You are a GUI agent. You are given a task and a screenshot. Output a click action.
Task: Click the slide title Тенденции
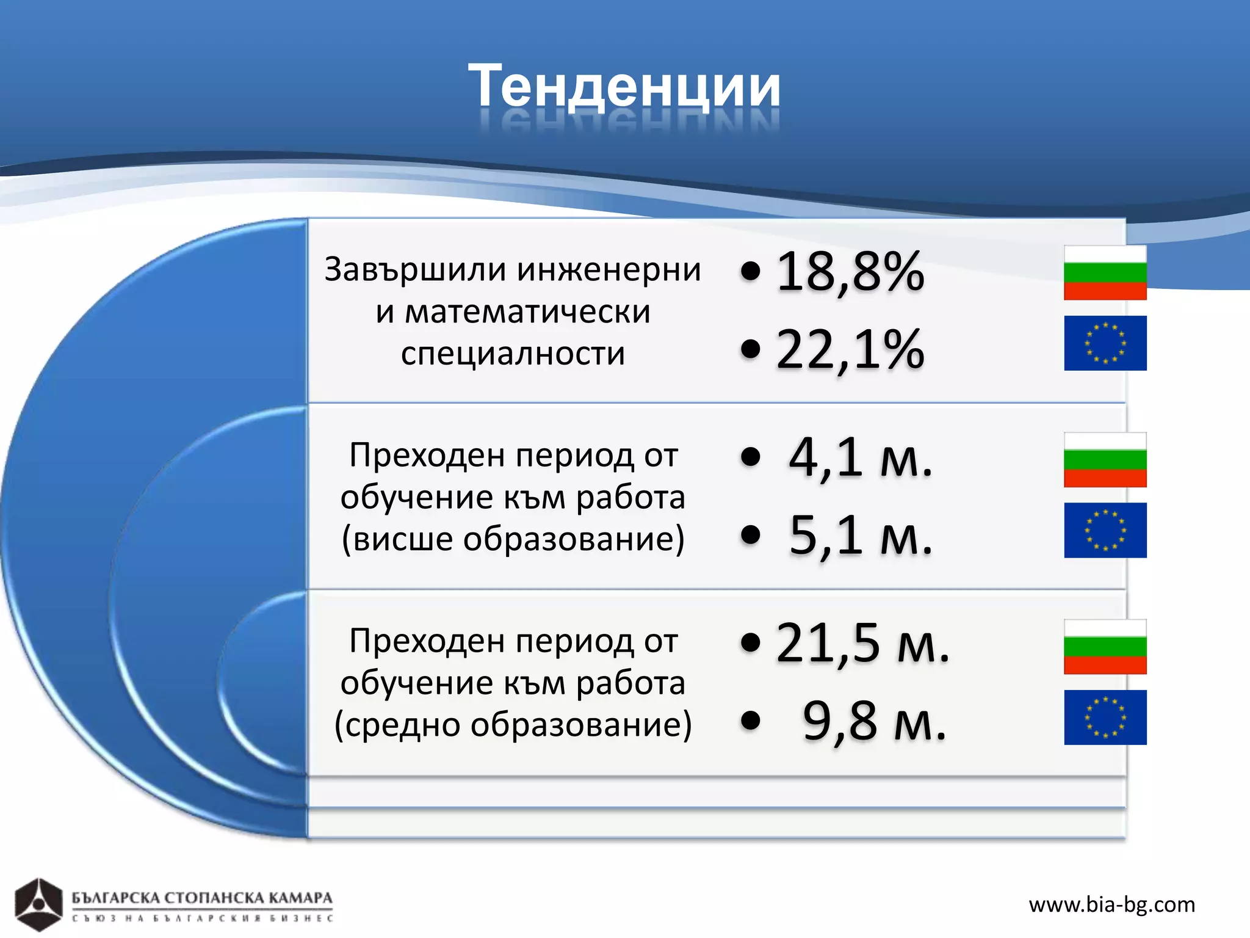624,87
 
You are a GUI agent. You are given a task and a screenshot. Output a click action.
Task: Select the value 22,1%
850,350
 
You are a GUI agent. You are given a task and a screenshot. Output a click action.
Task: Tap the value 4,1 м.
861,457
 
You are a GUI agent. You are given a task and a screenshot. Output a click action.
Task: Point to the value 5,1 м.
861,536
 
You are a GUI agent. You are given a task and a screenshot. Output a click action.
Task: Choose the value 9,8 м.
874,721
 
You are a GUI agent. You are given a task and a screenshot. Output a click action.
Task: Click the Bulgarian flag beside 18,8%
1105,273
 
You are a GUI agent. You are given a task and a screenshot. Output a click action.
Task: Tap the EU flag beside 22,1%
1105,343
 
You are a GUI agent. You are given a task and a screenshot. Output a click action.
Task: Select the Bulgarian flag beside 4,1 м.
1105,460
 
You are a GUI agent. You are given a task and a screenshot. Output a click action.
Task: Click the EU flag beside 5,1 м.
1105,530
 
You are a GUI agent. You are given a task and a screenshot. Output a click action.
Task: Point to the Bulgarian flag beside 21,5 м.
1105,647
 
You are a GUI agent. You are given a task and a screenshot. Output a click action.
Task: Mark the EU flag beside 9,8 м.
1105,718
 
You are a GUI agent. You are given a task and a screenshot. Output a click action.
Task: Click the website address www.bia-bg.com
1111,904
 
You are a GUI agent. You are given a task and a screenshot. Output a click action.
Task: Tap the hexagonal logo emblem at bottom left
38,904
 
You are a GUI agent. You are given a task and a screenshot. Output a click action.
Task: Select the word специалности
513,354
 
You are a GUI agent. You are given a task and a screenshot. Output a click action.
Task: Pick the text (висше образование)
513,539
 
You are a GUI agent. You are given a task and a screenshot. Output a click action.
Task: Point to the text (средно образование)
513,725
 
